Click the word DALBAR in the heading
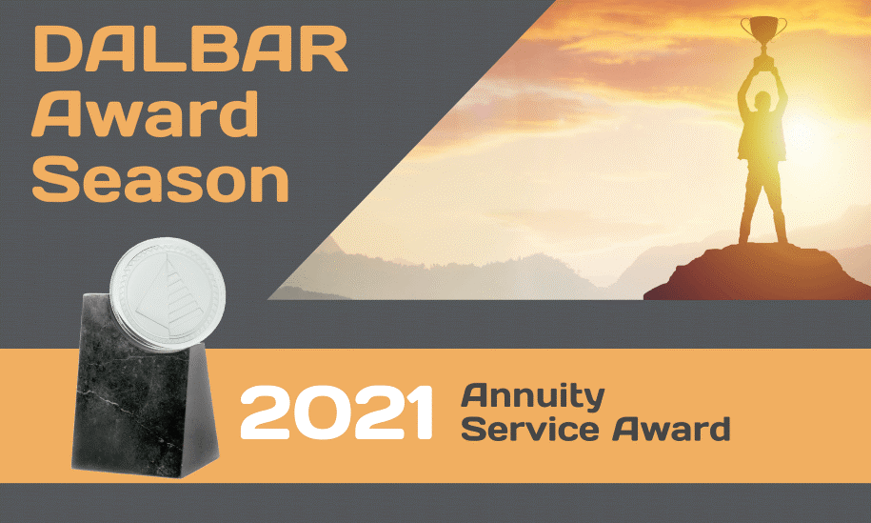coord(190,50)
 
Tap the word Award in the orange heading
coord(145,114)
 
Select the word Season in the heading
coord(161,179)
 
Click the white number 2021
coord(336,412)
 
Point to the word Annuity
coord(533,397)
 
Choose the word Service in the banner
coord(530,429)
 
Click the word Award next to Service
coord(671,429)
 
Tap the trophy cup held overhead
coord(763,33)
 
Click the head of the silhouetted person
coord(762,101)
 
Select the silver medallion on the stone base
coord(168,293)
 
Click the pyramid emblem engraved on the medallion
coord(167,294)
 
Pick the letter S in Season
coord(55,179)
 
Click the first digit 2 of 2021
coord(264,412)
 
